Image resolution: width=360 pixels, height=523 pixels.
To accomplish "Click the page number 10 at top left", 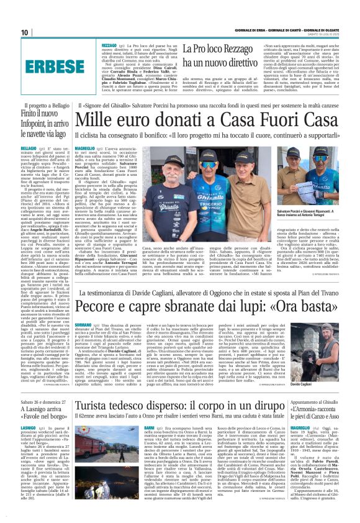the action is (x=25, y=32).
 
